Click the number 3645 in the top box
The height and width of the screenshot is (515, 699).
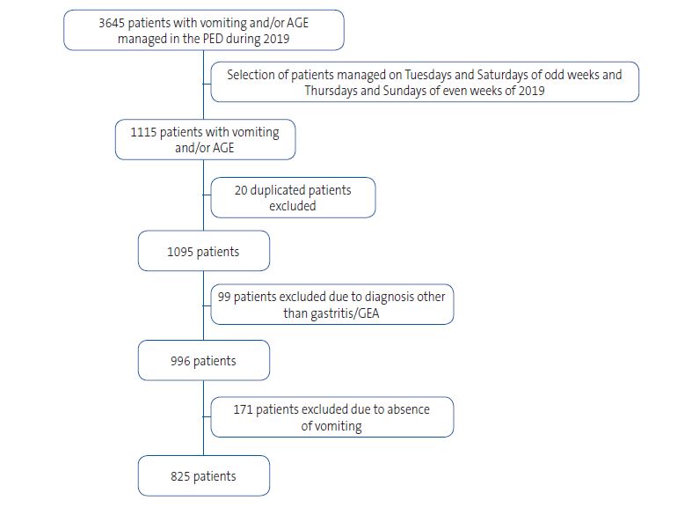[114, 23]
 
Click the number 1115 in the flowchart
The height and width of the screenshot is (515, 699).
[146, 132]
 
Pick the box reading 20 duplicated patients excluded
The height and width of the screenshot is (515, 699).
[293, 197]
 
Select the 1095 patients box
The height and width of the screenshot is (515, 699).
[203, 252]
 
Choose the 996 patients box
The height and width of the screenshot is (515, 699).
[203, 361]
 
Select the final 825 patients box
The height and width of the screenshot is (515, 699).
[203, 476]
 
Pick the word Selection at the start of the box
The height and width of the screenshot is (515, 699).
[252, 75]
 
